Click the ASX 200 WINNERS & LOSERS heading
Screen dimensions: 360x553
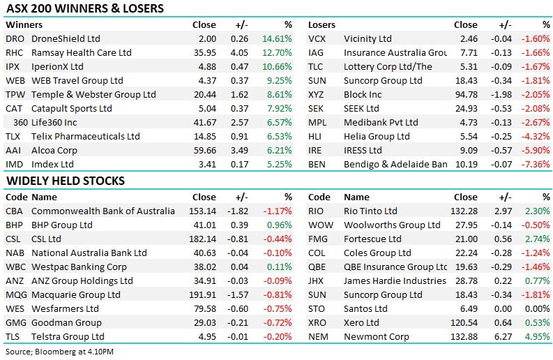click(85, 9)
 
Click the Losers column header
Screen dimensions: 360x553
click(321, 25)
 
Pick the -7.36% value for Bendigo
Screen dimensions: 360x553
click(535, 165)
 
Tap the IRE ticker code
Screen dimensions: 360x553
click(315, 151)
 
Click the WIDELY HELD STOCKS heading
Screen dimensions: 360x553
click(66, 181)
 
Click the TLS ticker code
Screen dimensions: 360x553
click(13, 337)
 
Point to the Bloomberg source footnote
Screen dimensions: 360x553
click(60, 351)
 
